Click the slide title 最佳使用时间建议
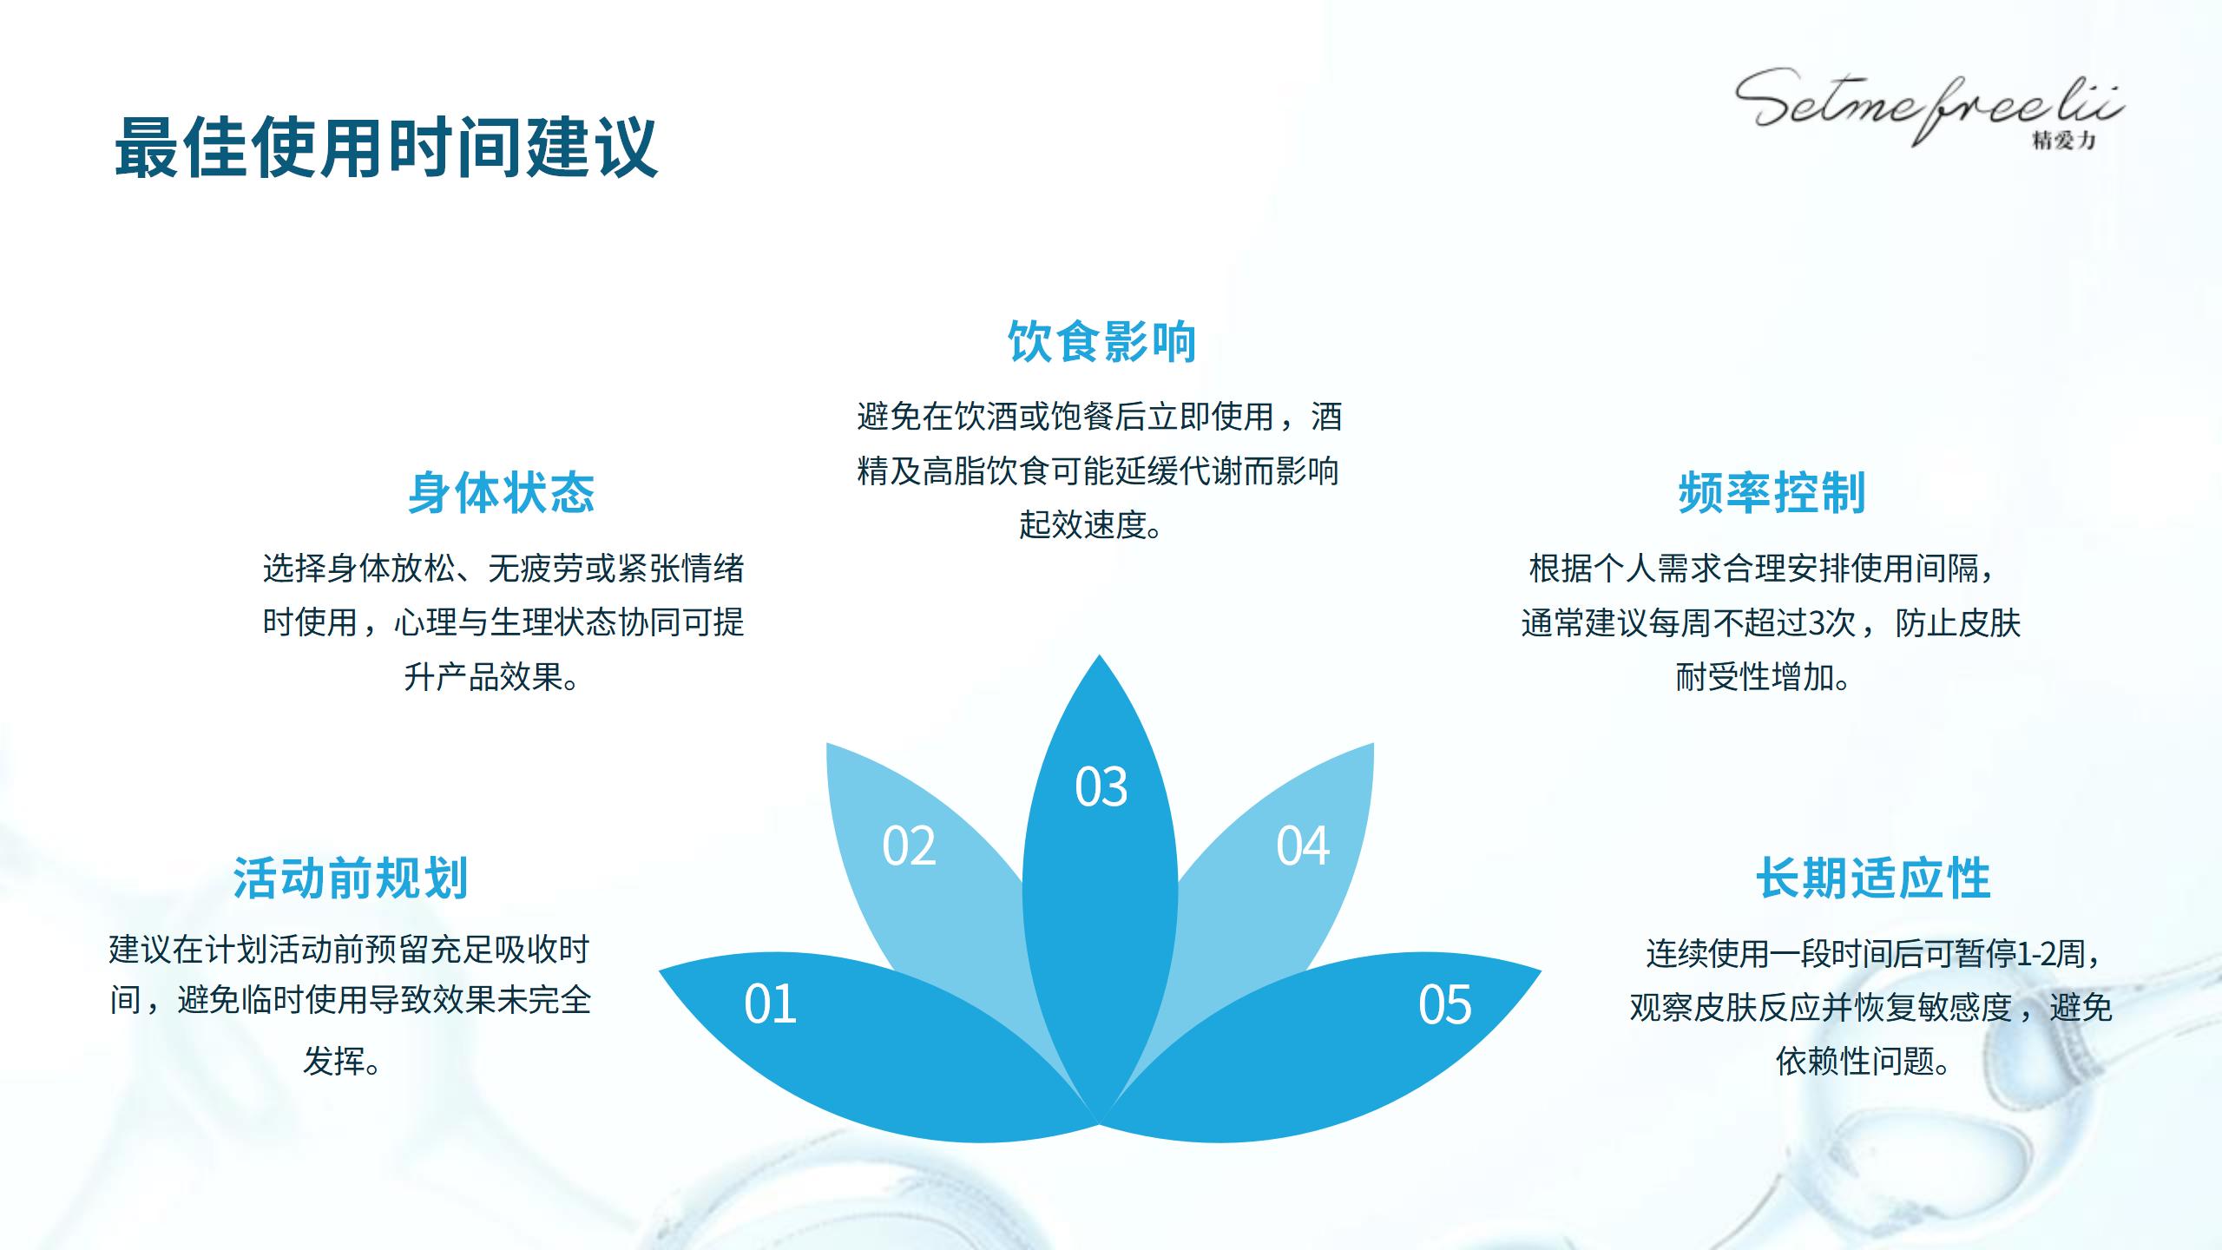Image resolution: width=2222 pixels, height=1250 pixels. click(386, 148)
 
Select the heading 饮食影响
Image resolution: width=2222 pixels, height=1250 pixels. click(1101, 341)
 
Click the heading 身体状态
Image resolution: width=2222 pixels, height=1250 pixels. click(502, 492)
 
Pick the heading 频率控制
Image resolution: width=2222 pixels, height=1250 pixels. click(1772, 492)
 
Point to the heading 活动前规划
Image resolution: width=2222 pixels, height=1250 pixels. click(351, 878)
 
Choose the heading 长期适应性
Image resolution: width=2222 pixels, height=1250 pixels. click(1873, 878)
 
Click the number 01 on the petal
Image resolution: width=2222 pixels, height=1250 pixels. click(770, 1004)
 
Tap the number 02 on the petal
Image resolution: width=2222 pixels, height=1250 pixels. click(909, 845)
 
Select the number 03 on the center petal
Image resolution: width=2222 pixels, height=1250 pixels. click(1101, 787)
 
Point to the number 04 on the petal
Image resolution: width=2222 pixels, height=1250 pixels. click(1302, 845)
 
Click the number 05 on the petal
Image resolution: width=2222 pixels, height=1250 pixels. click(1444, 1004)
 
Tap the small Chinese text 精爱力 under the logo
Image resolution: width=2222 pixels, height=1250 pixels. click(2063, 140)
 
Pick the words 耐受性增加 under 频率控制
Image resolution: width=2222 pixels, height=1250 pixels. click(1754, 676)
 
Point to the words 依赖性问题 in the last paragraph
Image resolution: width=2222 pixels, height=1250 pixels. click(1856, 1060)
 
